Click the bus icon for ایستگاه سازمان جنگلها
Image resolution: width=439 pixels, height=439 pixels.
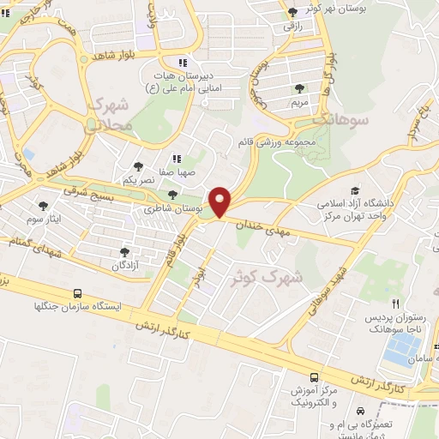[79, 292]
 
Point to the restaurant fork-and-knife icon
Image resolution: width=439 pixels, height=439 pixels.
[395, 303]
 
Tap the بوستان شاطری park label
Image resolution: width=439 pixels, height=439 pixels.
[172, 208]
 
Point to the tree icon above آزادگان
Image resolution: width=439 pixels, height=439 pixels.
[125, 252]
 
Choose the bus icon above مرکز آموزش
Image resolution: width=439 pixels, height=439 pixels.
[315, 376]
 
